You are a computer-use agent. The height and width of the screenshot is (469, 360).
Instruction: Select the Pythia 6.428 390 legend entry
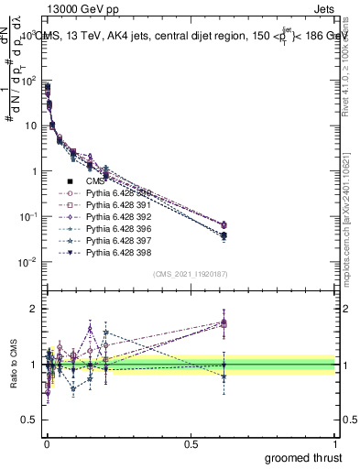116,193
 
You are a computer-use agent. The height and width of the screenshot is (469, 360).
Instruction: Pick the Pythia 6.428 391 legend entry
116,205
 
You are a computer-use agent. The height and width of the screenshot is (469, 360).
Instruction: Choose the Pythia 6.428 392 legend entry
116,217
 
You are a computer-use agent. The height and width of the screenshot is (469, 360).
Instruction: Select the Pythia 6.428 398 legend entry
116,253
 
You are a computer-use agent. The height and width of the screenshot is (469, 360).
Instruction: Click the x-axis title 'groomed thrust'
305,456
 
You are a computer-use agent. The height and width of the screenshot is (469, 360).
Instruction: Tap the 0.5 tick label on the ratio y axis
30,422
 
